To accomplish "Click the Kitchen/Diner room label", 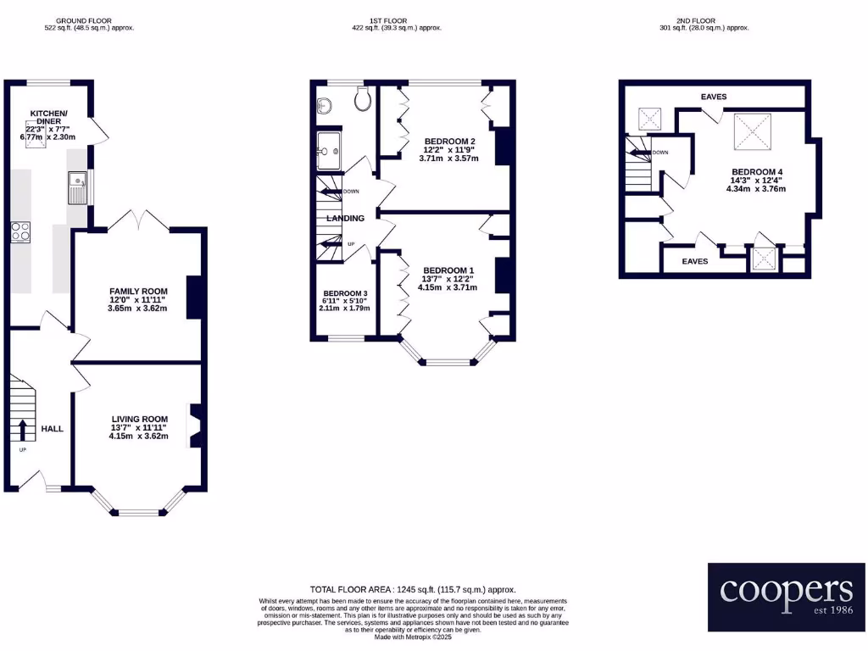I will (x=48, y=117).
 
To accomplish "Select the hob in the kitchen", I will (x=20, y=231).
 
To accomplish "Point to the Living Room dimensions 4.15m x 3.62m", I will (x=139, y=437).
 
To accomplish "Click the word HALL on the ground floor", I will (x=53, y=429).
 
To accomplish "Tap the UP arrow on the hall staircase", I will (x=23, y=428).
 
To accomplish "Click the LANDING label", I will (x=346, y=219).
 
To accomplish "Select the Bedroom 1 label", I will (x=448, y=270).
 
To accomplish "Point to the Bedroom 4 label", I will (x=756, y=172).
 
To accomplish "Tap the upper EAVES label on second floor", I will (x=714, y=97).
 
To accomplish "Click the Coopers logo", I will (x=786, y=596).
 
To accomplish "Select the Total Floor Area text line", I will (x=413, y=589).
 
